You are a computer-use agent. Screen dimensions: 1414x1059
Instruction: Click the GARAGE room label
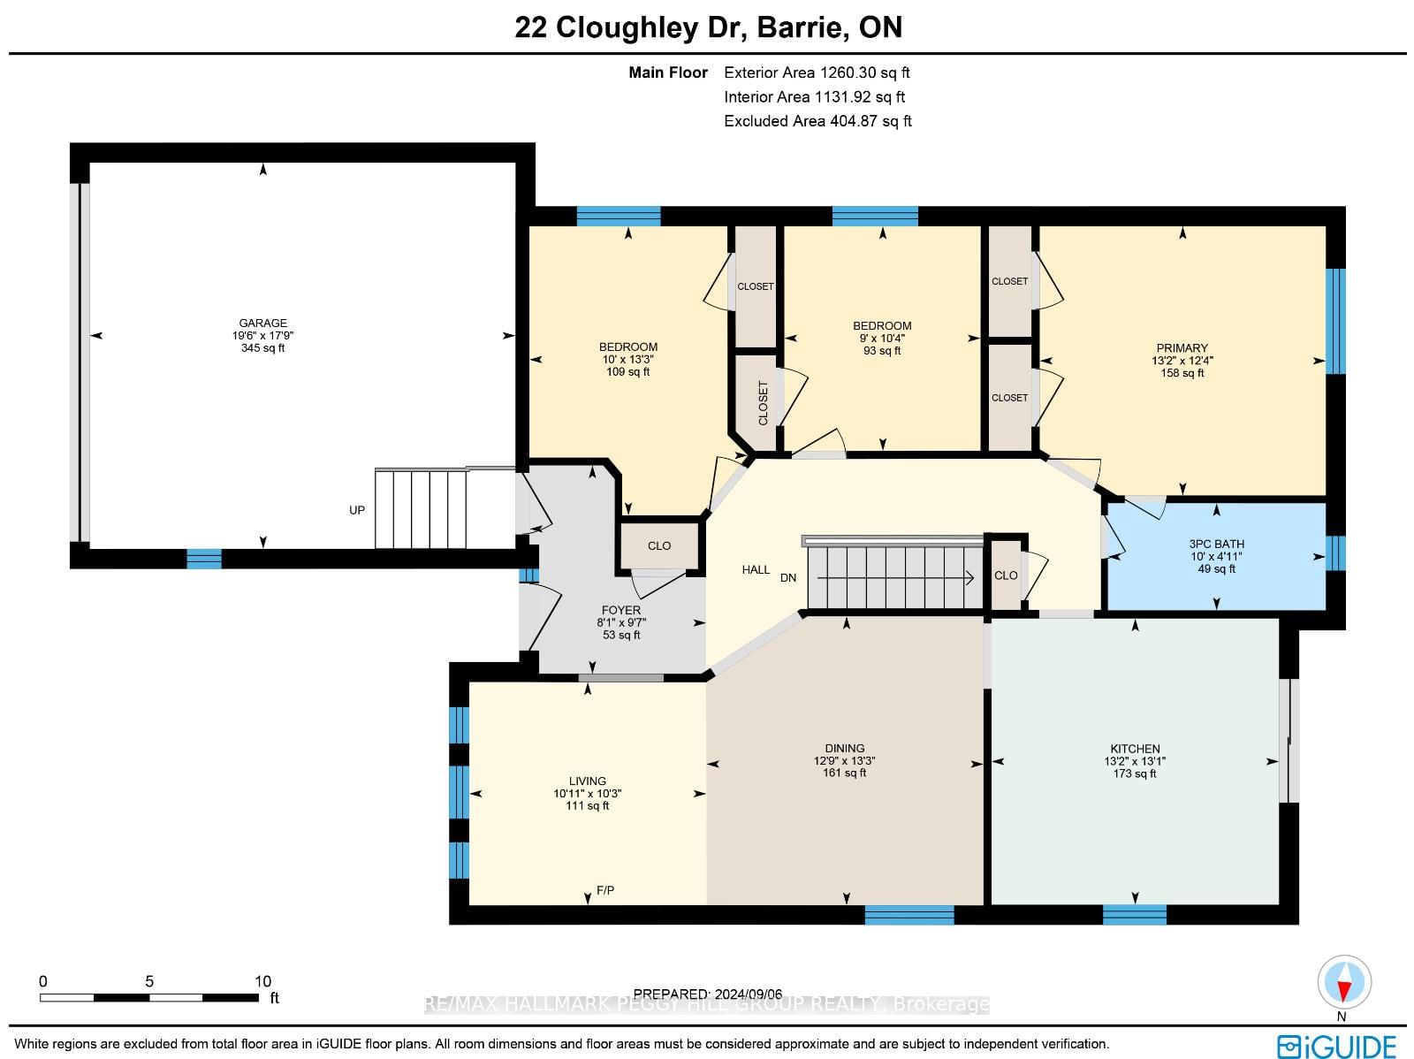[262, 323]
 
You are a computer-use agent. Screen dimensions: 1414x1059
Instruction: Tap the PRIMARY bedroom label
[1182, 348]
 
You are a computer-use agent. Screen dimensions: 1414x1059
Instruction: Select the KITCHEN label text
[1135, 749]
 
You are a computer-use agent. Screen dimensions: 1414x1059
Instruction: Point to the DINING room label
[845, 748]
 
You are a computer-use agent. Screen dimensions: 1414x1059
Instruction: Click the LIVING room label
[588, 781]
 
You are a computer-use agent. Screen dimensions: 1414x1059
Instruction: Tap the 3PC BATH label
[1216, 544]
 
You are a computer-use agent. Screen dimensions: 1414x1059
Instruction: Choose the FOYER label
[621, 609]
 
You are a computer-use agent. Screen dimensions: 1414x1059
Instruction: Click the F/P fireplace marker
[605, 890]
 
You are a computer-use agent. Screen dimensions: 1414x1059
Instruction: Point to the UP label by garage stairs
[357, 510]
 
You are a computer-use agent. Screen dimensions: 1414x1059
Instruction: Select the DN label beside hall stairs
[788, 578]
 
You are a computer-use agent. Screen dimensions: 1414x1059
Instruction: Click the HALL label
[756, 569]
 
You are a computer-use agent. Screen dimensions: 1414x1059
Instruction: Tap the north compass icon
[1344, 982]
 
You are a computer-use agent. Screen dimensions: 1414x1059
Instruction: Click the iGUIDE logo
[1337, 1046]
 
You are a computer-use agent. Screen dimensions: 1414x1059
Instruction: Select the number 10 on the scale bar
[262, 981]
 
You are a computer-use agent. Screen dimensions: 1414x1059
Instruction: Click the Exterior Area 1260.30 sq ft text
[817, 72]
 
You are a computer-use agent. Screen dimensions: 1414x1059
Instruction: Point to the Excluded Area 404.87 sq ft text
[817, 121]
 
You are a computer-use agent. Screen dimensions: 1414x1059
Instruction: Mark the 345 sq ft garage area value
[262, 348]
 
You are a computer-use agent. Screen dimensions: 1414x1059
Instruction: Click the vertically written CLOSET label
[764, 403]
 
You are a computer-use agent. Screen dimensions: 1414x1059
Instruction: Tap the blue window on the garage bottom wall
[204, 559]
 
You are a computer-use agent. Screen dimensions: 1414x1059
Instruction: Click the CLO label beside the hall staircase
[1006, 575]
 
